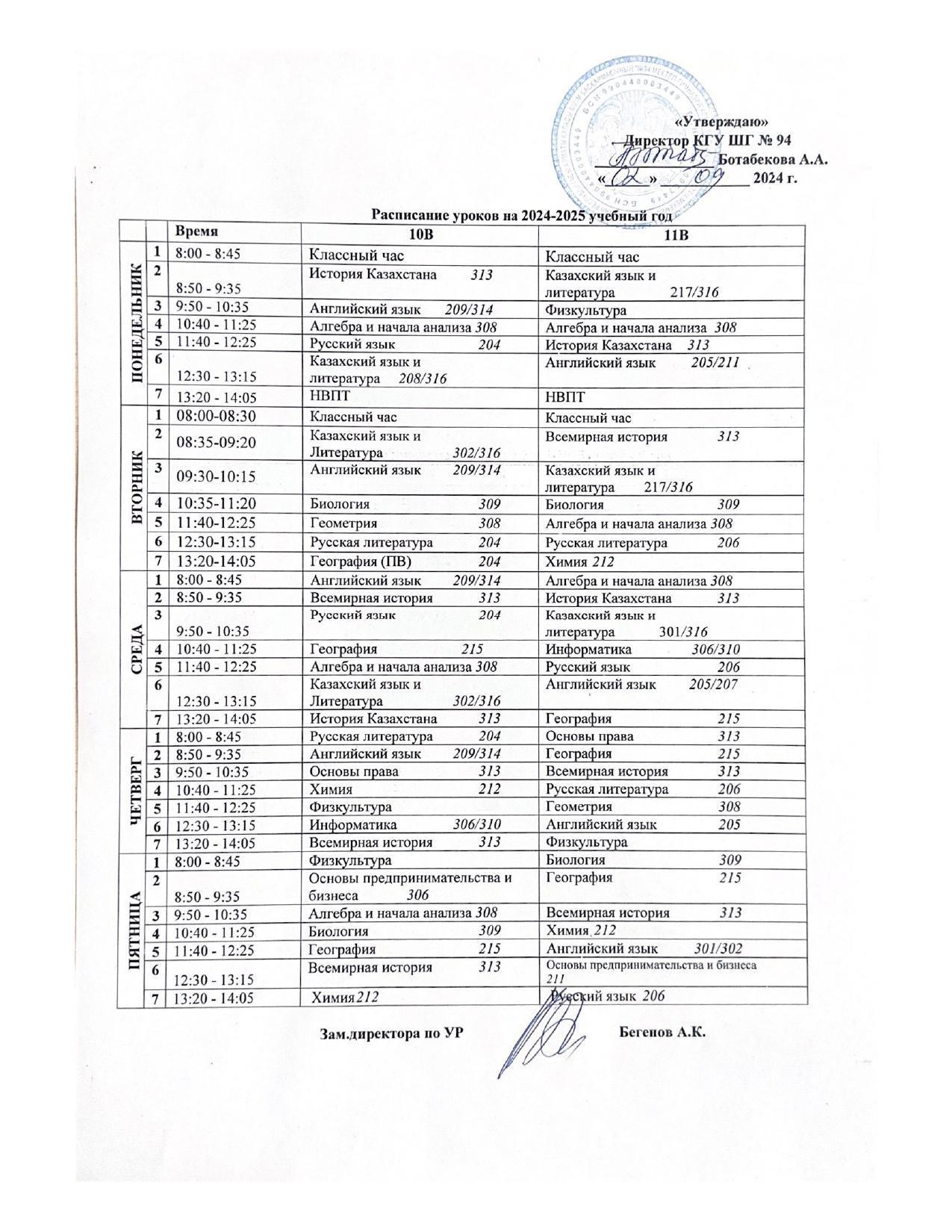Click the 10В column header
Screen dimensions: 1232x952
pos(419,234)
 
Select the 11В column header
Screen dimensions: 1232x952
pos(673,234)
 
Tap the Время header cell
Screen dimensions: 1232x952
pos(193,231)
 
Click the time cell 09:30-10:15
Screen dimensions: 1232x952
pos(216,476)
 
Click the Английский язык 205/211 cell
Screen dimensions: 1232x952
pos(642,363)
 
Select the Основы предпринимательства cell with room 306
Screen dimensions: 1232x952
pos(411,886)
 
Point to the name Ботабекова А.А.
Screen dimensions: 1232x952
pos(772,159)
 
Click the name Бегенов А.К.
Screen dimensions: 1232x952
pos(662,1033)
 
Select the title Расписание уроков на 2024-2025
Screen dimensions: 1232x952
pos(522,216)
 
